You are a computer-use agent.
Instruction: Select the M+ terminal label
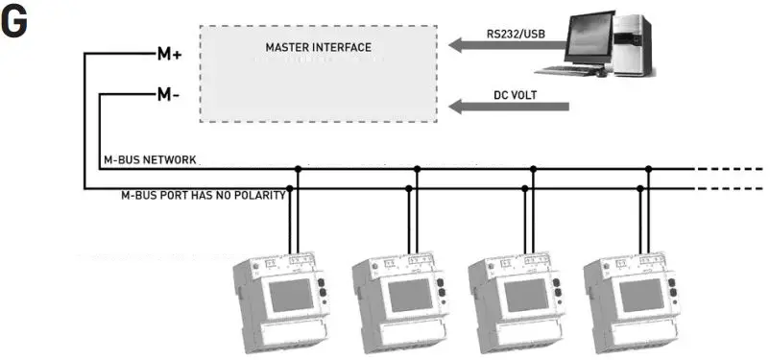tap(169, 54)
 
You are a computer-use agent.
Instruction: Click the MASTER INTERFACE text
tap(318, 46)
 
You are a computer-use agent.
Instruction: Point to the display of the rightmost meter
tap(639, 295)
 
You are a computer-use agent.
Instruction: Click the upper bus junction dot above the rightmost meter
tap(648, 169)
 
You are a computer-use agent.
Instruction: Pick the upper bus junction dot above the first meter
tap(298, 169)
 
